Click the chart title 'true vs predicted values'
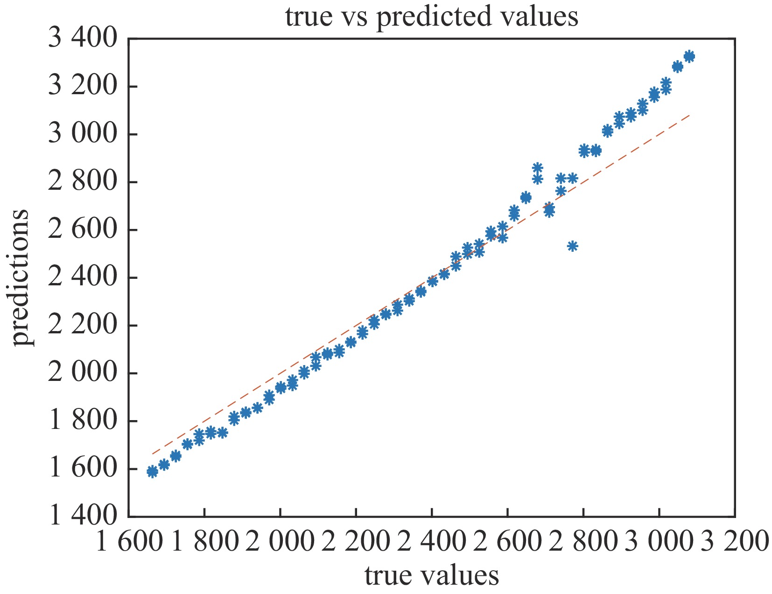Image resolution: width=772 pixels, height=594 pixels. pos(432,17)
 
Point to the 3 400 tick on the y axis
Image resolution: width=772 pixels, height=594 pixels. pos(82,38)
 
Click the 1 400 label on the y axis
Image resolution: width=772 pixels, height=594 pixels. pos(82,516)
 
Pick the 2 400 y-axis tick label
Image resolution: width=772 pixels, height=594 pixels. pos(82,277)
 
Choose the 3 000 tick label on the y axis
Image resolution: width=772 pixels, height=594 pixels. pos(82,134)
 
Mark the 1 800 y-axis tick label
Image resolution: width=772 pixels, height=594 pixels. pos(82,421)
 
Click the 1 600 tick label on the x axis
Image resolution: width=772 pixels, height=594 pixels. pos(129,542)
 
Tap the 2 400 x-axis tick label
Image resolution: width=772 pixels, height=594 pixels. pos(432,542)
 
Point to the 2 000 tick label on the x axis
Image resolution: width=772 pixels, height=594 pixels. pos(280,542)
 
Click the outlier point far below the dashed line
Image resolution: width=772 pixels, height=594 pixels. pos(572,246)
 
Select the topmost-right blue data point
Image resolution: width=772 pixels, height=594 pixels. pos(689,56)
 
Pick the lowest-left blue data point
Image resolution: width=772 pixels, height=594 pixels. pos(152,472)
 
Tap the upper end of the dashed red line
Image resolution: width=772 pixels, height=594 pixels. pos(689,114)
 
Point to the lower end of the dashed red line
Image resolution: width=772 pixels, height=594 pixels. pos(153,454)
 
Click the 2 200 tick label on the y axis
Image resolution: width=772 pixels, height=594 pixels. pos(82,325)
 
